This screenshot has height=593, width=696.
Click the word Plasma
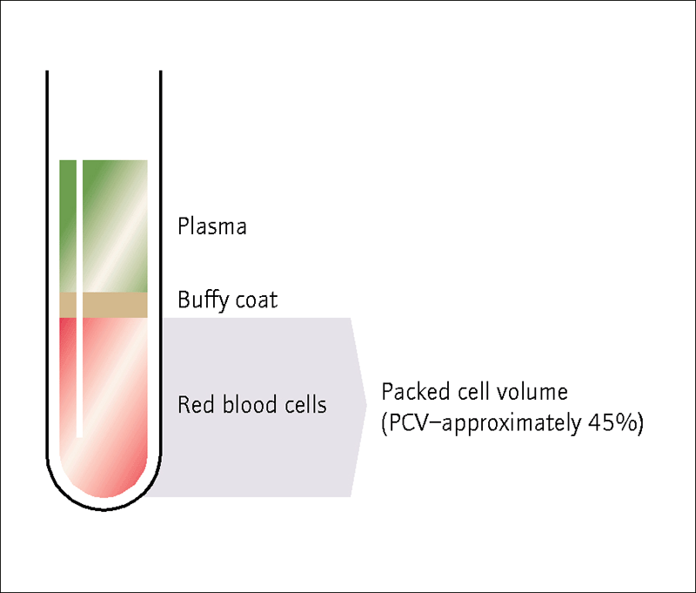(211, 226)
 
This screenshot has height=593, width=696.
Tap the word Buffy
(203, 300)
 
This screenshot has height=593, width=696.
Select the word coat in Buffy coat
(256, 300)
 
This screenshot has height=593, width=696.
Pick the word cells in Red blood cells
(305, 404)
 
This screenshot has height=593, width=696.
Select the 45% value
(612, 423)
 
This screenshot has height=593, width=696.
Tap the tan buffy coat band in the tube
(104, 305)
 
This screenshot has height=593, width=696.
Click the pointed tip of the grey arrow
(367, 405)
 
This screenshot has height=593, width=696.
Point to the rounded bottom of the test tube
(104, 509)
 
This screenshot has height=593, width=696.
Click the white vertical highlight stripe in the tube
(79, 299)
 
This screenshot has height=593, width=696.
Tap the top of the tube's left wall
(47, 71)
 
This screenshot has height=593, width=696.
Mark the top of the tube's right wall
(161, 71)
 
